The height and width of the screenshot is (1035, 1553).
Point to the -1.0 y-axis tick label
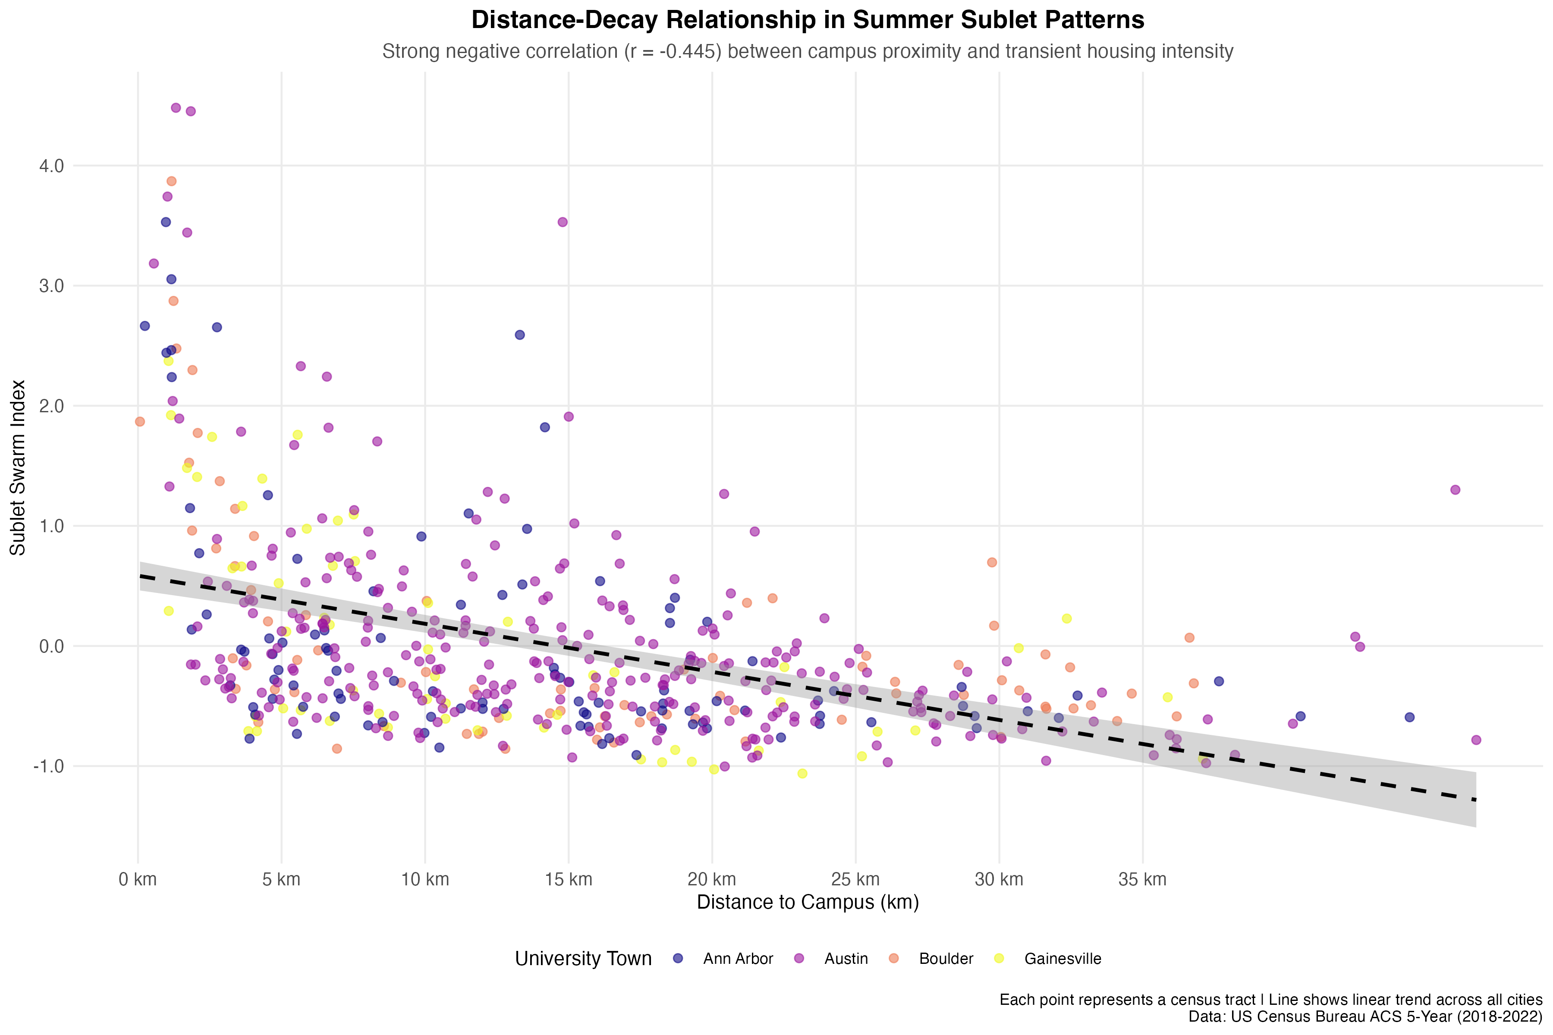point(49,766)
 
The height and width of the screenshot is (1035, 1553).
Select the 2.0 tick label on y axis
point(51,406)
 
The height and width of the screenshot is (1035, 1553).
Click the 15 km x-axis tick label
point(569,879)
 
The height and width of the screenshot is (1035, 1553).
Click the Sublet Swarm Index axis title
point(18,467)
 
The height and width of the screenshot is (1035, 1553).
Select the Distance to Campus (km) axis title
point(808,902)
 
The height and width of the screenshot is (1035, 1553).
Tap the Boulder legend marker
point(894,958)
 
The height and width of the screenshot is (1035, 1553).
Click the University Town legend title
point(583,958)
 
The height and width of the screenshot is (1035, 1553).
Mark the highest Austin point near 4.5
point(176,107)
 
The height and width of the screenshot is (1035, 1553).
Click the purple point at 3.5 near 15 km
point(563,222)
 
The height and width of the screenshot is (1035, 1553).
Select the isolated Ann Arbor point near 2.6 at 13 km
point(520,335)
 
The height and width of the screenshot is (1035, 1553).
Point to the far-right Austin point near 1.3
point(1455,490)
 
